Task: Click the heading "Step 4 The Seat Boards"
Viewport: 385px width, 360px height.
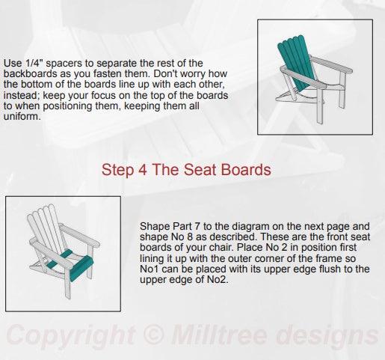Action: pos(185,170)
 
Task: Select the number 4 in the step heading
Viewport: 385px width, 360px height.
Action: pos(142,170)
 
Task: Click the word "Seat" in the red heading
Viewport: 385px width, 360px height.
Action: pos(195,170)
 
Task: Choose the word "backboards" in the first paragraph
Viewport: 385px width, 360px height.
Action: pos(29,76)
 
